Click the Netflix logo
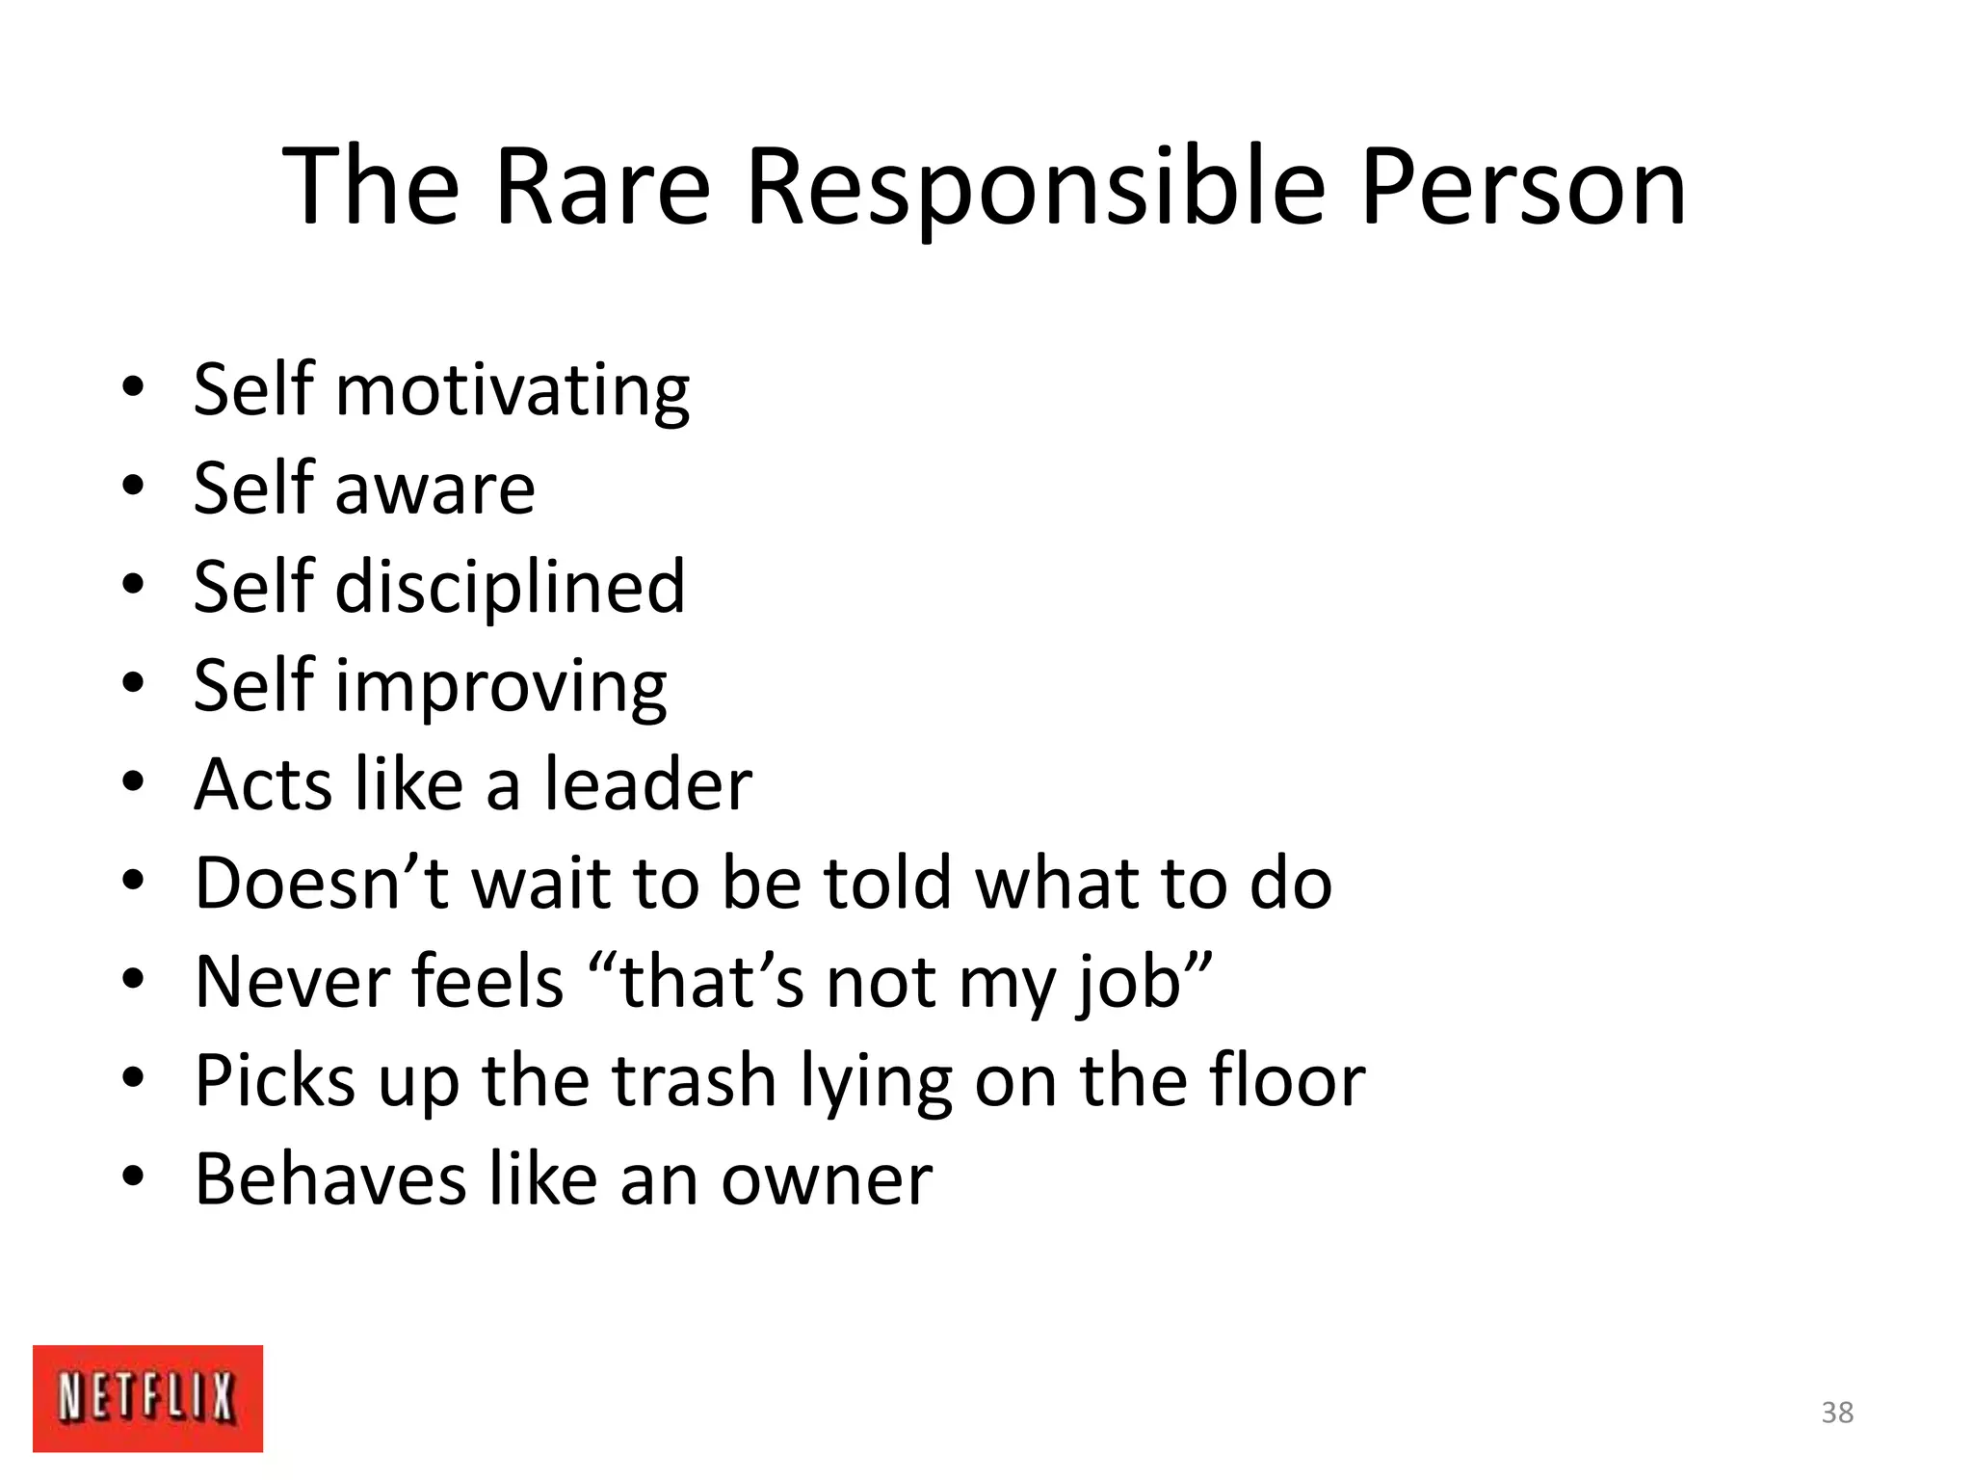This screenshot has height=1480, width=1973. tap(147, 1397)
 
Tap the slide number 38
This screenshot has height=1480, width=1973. tap(1837, 1413)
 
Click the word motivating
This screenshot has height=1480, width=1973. tap(512, 390)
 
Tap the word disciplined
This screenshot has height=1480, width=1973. tap(510, 587)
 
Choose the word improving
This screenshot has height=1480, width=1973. tap(500, 687)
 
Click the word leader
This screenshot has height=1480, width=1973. tap(647, 784)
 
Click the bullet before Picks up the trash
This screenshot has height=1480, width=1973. tap(133, 1077)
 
